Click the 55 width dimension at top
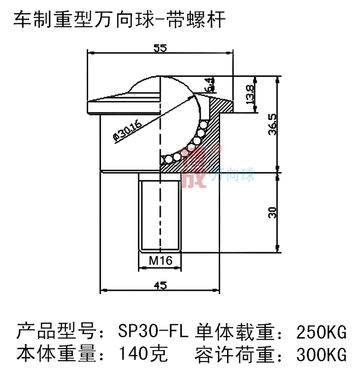coord(160,48)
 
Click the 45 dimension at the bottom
coord(160,286)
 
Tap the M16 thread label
coord(160,261)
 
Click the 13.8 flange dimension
coord(249,95)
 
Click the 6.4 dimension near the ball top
coord(209,85)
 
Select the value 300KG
coord(321,355)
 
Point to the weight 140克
coord(143,354)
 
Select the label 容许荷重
coord(235,355)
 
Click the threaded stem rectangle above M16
coord(160,212)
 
